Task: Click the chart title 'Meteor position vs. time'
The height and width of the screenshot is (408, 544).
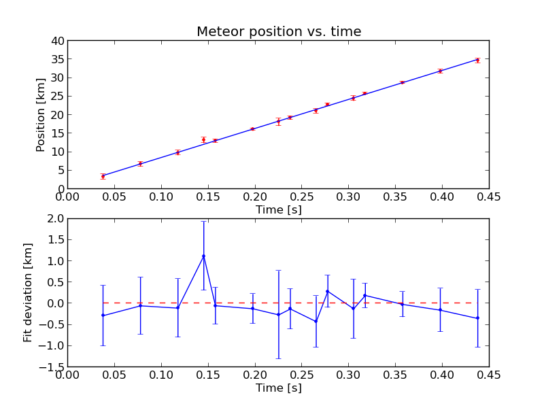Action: pyautogui.click(x=279, y=32)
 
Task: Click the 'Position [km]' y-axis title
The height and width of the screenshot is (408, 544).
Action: pyautogui.click(x=41, y=114)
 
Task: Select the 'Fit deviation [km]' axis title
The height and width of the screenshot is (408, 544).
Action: pyautogui.click(x=28, y=292)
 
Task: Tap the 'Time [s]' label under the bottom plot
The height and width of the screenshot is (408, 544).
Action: pyautogui.click(x=278, y=388)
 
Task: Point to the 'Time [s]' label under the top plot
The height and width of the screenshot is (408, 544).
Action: pyautogui.click(x=278, y=210)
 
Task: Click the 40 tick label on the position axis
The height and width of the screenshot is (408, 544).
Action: pyautogui.click(x=56, y=41)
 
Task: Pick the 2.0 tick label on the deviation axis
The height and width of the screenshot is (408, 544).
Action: pyautogui.click(x=54, y=219)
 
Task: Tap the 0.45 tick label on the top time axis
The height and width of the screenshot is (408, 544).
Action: pyautogui.click(x=489, y=197)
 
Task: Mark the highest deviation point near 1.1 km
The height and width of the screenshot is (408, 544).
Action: pyautogui.click(x=203, y=256)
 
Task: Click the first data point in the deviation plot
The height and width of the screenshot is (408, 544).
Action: pyautogui.click(x=103, y=316)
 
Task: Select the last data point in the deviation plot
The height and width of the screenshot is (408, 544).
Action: pyautogui.click(x=477, y=318)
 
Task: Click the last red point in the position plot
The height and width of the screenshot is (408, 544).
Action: pyautogui.click(x=477, y=61)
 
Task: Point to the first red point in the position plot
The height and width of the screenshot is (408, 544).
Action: pyautogui.click(x=103, y=176)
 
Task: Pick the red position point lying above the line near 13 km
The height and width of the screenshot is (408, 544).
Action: pyautogui.click(x=203, y=139)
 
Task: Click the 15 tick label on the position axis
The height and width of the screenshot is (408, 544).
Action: pyautogui.click(x=56, y=133)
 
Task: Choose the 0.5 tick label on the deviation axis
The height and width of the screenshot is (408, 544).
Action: pyautogui.click(x=54, y=282)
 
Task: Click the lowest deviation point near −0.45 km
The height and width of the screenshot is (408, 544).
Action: pyautogui.click(x=316, y=322)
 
